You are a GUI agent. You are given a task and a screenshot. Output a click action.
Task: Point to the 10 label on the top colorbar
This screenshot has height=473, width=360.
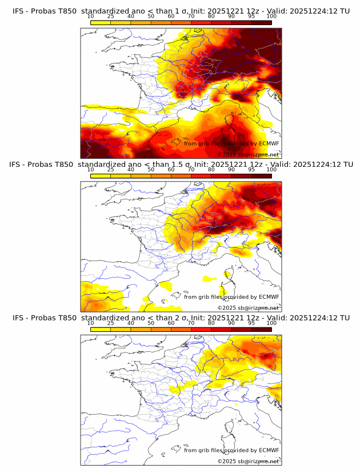click(90, 17)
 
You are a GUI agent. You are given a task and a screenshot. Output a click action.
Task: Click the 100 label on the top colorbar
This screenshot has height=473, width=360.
click(271, 17)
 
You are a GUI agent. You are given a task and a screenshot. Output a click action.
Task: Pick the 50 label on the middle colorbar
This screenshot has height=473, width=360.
click(151, 170)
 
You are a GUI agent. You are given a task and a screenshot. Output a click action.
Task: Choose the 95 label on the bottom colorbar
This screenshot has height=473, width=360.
click(251, 323)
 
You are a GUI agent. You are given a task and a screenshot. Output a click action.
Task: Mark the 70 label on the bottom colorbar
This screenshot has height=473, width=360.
click(191, 323)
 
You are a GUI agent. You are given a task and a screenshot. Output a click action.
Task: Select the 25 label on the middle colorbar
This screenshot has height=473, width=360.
click(110, 170)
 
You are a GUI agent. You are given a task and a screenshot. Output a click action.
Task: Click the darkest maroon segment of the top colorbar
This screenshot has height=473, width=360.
click(261, 22)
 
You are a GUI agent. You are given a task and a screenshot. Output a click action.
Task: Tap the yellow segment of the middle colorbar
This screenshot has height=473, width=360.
click(100, 175)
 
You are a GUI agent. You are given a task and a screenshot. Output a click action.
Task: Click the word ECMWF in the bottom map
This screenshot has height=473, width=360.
click(269, 450)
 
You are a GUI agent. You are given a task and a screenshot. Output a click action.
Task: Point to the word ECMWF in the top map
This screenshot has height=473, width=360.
click(269, 144)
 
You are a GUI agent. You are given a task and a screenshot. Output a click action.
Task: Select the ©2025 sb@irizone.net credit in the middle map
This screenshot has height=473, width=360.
click(248, 307)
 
